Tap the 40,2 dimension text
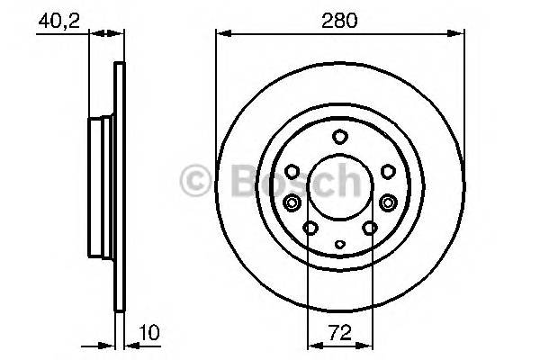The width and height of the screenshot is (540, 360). pyautogui.click(x=55, y=19)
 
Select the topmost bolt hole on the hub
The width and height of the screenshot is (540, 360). pyautogui.click(x=339, y=137)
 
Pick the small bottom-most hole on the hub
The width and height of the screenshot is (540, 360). pyautogui.click(x=339, y=244)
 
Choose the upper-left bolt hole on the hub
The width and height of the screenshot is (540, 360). pyautogui.click(x=292, y=170)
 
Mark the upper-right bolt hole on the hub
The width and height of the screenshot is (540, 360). pyautogui.click(x=387, y=170)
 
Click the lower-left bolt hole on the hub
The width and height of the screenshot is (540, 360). pyautogui.click(x=310, y=229)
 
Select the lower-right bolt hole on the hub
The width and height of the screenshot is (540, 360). pyautogui.click(x=370, y=229)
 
